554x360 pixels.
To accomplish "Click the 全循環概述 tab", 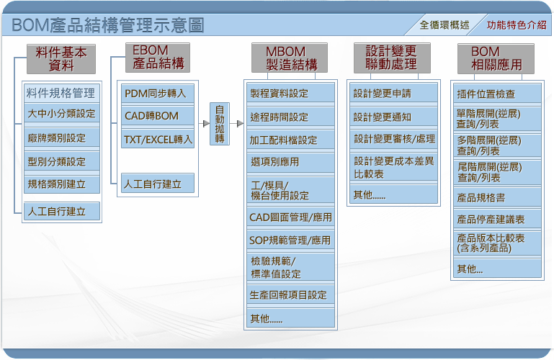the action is (444, 25).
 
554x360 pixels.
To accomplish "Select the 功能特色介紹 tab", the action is (516, 25).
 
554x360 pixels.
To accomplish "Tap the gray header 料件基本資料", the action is (61, 59).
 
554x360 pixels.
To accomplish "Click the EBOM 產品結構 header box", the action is (158, 58).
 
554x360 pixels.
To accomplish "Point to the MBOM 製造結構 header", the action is (290, 58).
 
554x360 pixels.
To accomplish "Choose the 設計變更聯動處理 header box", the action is (392, 58).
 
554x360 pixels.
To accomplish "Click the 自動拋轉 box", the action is (220, 124).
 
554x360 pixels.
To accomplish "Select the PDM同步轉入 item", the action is (158, 94).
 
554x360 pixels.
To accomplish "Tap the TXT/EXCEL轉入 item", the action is (158, 140).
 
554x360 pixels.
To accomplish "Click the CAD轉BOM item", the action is (158, 116).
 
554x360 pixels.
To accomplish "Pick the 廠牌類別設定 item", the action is (61, 138).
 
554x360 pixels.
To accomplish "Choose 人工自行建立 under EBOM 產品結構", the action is (158, 183).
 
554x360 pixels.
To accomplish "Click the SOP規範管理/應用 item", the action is (290, 240).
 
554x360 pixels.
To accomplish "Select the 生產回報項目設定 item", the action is (290, 294).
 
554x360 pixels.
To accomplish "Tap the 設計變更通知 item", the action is (393, 117).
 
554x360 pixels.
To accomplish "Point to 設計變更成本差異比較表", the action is (393, 167).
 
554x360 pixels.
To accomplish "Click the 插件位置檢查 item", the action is (497, 94).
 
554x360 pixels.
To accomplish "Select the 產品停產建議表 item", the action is (497, 220).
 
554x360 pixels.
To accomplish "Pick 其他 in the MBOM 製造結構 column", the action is (290, 318).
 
